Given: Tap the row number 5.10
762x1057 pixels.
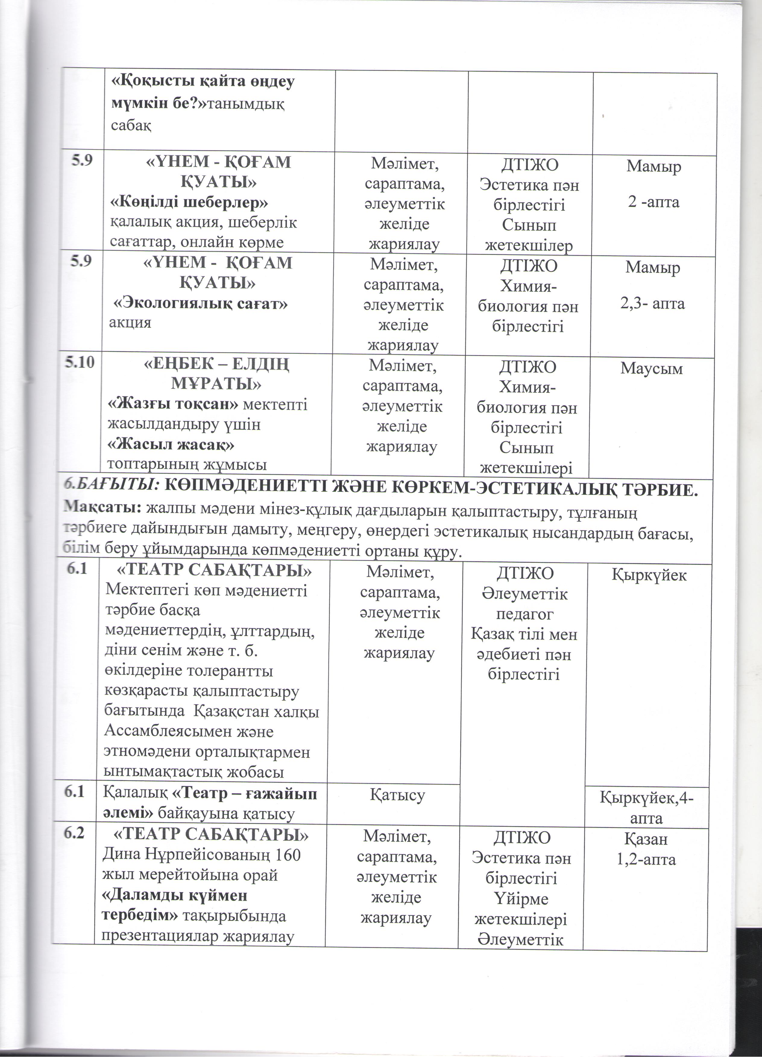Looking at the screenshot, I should tap(84, 363).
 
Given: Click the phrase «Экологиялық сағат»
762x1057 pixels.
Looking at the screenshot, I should tap(201, 304).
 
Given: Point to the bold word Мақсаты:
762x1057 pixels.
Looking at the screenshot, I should tap(102, 508).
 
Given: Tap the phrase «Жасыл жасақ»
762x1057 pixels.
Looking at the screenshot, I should tap(171, 445).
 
